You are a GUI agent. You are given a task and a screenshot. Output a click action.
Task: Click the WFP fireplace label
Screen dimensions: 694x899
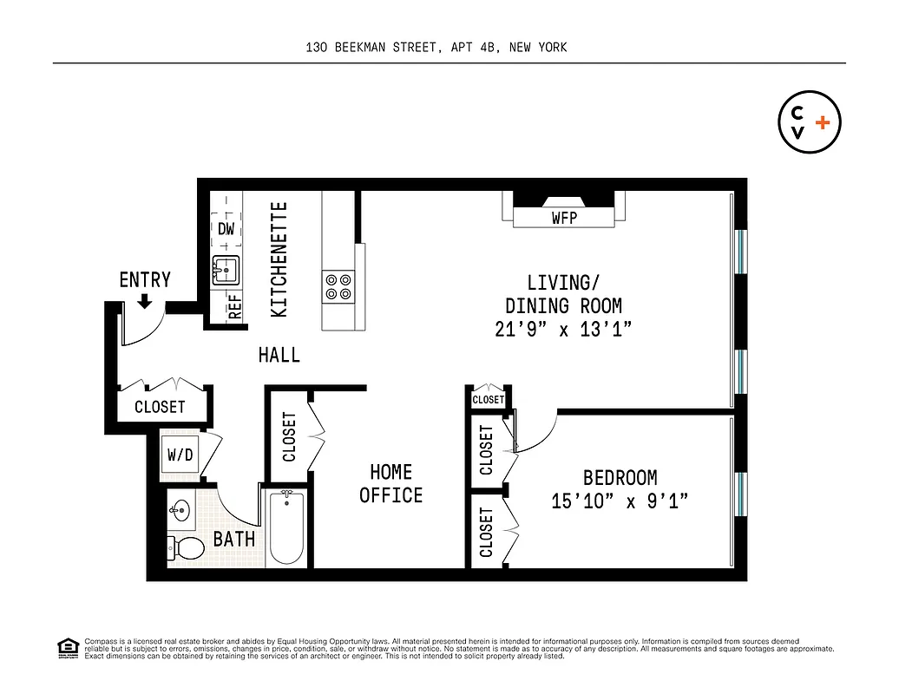564,219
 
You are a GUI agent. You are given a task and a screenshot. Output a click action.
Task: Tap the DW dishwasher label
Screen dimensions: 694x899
226,229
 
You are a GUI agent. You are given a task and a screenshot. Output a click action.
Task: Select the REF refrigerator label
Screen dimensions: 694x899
234,307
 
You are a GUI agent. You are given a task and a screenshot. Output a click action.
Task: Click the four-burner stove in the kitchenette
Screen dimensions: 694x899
338,287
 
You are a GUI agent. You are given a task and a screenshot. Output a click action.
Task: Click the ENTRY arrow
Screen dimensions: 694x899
145,301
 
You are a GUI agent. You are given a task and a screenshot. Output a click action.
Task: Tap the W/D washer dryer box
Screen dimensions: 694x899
180,455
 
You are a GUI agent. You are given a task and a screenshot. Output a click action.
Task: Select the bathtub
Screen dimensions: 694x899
286,527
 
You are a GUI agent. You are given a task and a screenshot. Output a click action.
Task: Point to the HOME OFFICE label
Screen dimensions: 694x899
391,483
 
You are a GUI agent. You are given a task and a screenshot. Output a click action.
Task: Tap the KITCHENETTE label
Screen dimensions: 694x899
279,259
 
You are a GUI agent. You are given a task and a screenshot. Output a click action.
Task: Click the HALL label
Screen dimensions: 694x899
279,355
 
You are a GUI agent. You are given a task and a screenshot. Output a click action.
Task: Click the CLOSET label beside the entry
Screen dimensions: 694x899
160,407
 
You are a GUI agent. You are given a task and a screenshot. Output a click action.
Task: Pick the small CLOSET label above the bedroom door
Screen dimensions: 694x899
489,400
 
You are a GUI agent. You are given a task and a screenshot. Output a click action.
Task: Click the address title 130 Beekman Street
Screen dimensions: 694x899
436,47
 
